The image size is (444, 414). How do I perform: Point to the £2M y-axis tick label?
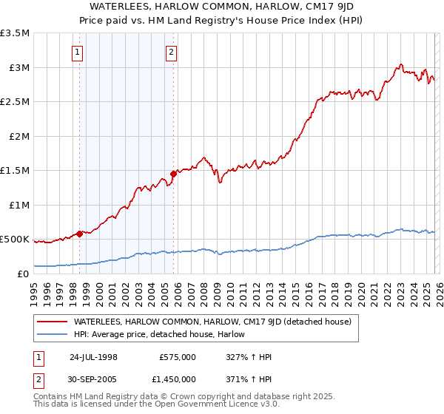click(x=18, y=136)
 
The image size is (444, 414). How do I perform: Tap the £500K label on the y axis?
click(x=15, y=240)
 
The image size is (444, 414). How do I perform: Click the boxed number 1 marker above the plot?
click(x=78, y=52)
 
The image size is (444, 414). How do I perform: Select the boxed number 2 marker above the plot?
click(x=172, y=52)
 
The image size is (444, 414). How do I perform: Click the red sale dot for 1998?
click(x=80, y=234)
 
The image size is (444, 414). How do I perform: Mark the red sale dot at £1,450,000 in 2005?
click(x=173, y=174)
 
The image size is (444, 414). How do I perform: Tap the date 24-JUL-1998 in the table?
click(x=93, y=357)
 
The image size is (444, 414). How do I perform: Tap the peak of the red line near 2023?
click(x=400, y=64)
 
